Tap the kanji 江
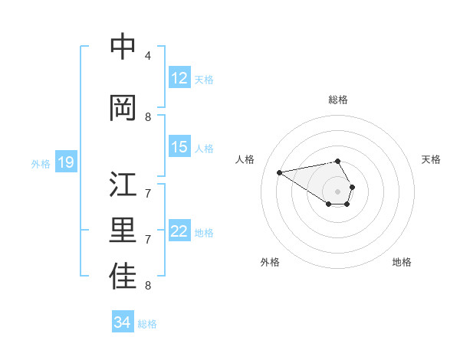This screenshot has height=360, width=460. click(x=123, y=185)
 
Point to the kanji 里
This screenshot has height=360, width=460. click(x=123, y=231)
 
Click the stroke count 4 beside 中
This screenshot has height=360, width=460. click(x=148, y=55)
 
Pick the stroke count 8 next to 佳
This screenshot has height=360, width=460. click(x=148, y=285)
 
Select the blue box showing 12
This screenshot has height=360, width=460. click(x=179, y=78)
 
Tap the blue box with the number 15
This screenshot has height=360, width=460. click(x=179, y=147)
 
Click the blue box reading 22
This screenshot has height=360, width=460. click(x=179, y=231)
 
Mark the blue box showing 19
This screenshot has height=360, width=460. click(x=65, y=162)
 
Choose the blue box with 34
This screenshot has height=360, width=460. click(x=122, y=322)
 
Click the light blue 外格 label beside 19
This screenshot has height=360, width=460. click(x=40, y=163)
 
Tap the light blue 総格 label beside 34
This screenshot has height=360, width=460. click(x=147, y=324)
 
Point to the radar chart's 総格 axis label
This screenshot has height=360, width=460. click(x=338, y=100)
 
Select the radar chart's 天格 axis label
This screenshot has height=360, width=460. click(x=431, y=159)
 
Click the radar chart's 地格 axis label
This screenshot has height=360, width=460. click(x=402, y=262)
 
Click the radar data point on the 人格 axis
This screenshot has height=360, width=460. click(x=280, y=172)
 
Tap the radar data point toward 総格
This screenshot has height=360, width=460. click(x=337, y=161)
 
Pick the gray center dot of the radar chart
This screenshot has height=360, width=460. click(x=338, y=191)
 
